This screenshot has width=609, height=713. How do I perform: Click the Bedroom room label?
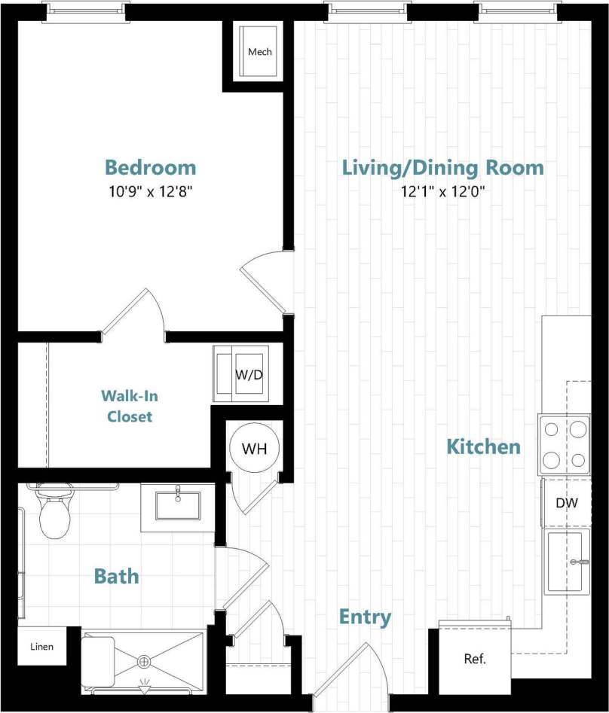click(150, 167)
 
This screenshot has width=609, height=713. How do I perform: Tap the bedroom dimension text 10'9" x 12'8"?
click(150, 191)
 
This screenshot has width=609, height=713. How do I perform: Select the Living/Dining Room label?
click(442, 167)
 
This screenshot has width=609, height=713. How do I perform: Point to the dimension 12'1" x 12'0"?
click(442, 191)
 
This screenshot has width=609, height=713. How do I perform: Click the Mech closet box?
click(259, 52)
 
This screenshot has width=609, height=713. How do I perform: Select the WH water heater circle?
click(254, 449)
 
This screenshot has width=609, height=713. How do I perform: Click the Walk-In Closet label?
click(130, 406)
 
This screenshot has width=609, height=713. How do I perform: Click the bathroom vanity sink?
click(178, 505)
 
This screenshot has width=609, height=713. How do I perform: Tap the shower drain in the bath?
click(143, 662)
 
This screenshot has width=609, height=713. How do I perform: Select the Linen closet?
click(42, 647)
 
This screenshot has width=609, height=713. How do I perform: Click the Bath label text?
click(116, 577)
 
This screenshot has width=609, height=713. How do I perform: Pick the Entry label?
click(365, 618)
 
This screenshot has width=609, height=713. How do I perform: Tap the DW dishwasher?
click(566, 502)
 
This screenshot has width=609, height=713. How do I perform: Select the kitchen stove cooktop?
click(565, 444)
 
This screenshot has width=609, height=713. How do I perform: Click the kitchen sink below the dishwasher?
click(566, 561)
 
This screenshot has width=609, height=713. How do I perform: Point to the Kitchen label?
click(483, 446)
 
